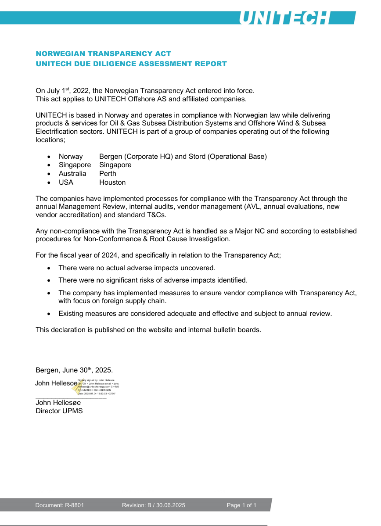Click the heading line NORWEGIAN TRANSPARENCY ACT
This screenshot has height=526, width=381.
(x=103, y=54)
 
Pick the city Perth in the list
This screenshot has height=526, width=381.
(x=108, y=174)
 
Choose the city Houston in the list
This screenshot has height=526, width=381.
(x=112, y=182)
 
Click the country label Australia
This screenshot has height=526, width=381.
(x=72, y=174)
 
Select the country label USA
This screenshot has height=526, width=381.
(x=66, y=182)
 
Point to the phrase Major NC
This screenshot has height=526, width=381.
(x=251, y=231)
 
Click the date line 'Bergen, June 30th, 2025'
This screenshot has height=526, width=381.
(x=74, y=370)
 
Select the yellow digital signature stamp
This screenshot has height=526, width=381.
(x=78, y=386)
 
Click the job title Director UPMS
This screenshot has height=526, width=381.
(x=59, y=411)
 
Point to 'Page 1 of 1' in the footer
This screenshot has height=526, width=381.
(x=241, y=505)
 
